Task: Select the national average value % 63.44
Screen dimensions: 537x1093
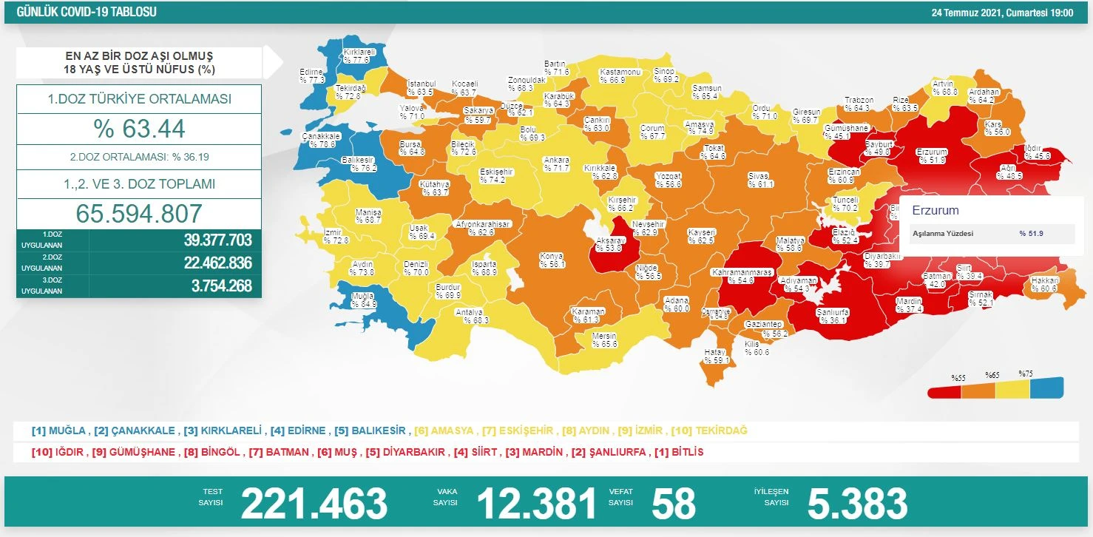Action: (x=139, y=129)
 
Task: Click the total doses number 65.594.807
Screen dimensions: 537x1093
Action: (x=139, y=213)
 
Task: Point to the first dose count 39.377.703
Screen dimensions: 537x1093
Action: (x=217, y=240)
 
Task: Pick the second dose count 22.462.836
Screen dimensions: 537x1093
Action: (x=217, y=263)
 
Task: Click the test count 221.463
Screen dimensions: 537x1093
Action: (x=314, y=504)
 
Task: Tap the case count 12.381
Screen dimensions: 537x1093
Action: (x=536, y=504)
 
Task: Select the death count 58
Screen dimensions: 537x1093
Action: (x=673, y=504)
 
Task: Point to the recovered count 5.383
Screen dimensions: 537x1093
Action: (x=857, y=504)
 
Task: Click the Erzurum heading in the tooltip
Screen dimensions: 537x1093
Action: (x=935, y=210)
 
